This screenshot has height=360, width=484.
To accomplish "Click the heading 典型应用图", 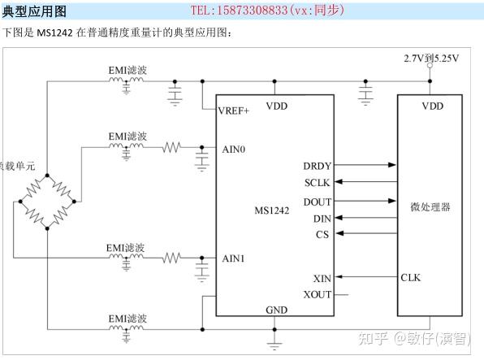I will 35,11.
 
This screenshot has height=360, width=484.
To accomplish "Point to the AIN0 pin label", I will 233,150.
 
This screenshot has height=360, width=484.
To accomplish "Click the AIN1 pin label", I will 233,258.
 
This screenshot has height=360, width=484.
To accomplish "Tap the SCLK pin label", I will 317,183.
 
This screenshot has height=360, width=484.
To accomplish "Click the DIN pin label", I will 321,218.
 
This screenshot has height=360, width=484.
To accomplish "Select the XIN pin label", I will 321,278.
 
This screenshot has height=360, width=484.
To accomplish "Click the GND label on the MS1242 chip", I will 276,310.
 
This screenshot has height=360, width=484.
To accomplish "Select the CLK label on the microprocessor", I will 410,278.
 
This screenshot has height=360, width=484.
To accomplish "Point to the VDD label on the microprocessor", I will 432,106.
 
